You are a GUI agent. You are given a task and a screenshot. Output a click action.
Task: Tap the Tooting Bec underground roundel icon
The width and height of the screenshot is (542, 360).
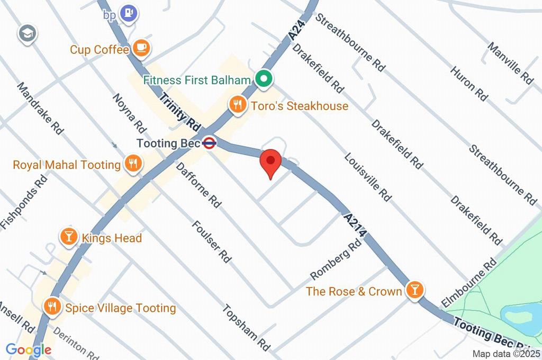click(210, 143)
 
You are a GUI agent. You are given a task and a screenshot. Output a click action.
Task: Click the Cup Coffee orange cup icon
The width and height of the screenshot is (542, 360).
click(141, 49)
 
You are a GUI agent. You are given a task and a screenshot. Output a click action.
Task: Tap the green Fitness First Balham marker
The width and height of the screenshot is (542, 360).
click(263, 80)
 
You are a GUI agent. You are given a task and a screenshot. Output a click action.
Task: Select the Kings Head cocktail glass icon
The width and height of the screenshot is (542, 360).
click(69, 237)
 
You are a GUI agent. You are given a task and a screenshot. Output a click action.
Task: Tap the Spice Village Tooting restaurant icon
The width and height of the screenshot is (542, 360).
click(52, 307)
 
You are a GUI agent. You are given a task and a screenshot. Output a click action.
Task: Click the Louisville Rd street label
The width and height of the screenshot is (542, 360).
click(368, 178)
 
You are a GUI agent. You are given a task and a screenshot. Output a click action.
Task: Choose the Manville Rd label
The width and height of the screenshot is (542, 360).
click(510, 62)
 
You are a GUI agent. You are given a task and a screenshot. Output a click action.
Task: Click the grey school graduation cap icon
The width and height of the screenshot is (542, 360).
click(25, 34)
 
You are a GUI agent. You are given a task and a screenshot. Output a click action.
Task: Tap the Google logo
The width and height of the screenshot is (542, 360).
click(29, 349)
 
